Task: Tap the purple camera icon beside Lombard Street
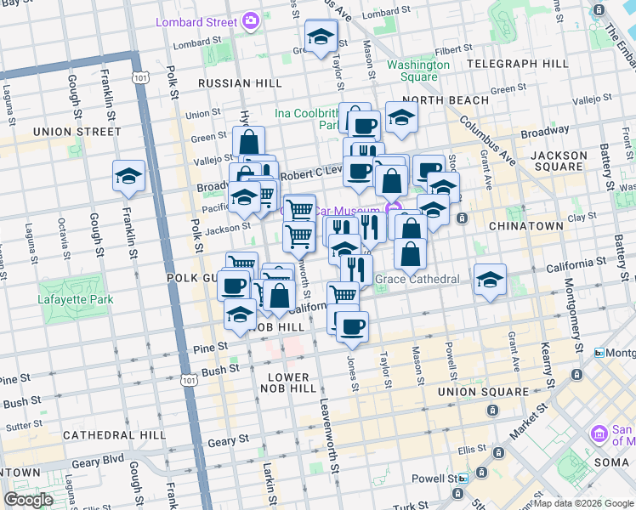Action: pos(251,20)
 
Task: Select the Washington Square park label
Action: pos(418,71)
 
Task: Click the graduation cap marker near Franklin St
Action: pos(128,176)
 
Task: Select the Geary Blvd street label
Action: pos(98,464)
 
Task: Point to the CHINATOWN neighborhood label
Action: pos(526,226)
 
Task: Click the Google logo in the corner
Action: pos(28,500)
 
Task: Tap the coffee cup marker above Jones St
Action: pos(352,326)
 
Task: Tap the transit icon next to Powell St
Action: pos(463,479)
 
